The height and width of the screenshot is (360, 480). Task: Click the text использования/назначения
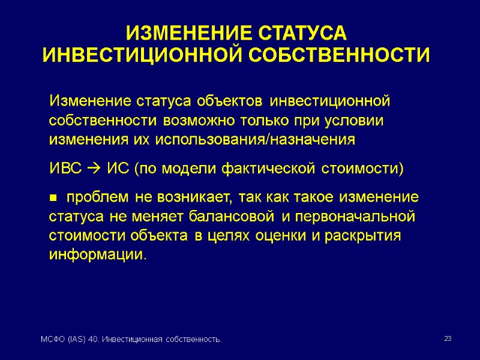click(x=255, y=140)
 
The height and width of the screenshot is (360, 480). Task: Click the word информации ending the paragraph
click(x=95, y=254)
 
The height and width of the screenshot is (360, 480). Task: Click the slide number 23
click(x=447, y=340)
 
